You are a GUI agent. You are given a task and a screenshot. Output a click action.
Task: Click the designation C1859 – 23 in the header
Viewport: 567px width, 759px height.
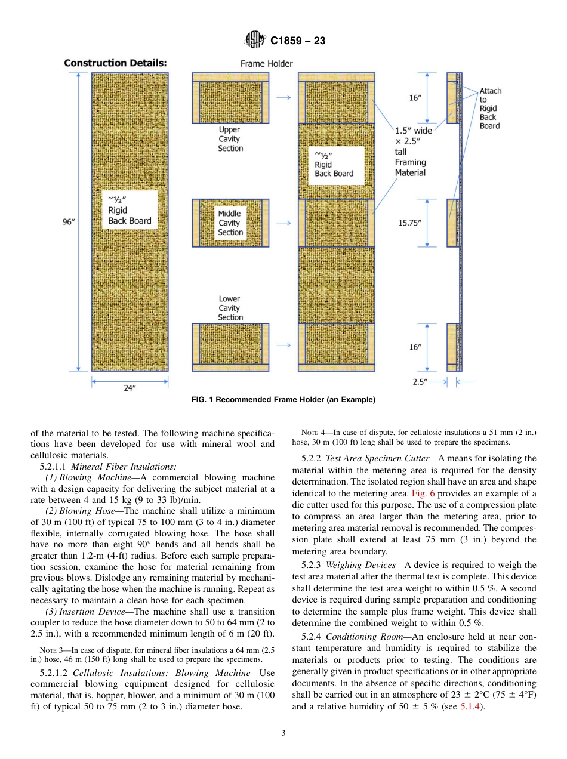point(297,42)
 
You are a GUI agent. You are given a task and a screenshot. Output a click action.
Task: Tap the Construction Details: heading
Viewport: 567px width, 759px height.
point(115,63)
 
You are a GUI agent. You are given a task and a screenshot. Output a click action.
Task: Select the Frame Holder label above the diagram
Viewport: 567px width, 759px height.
point(267,63)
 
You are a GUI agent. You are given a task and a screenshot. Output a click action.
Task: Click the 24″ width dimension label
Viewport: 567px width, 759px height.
point(130,388)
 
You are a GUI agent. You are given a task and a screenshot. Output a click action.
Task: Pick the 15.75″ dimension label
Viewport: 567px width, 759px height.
point(410,223)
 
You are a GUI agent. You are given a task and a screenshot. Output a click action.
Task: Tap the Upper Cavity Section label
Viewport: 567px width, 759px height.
point(230,139)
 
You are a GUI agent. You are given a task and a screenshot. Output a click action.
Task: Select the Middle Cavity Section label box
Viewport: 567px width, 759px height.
point(230,223)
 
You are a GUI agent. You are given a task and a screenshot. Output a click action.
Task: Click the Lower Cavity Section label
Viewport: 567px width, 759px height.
point(230,308)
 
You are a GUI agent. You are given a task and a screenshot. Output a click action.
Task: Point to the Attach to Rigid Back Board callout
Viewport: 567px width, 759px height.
point(490,108)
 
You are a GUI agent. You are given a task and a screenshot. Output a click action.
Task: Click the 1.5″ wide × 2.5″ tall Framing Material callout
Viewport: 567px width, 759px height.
point(413,152)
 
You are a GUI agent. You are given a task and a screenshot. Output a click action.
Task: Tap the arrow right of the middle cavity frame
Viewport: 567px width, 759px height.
point(284,223)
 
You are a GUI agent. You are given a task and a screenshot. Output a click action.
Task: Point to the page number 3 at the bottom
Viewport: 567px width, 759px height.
point(283,733)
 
